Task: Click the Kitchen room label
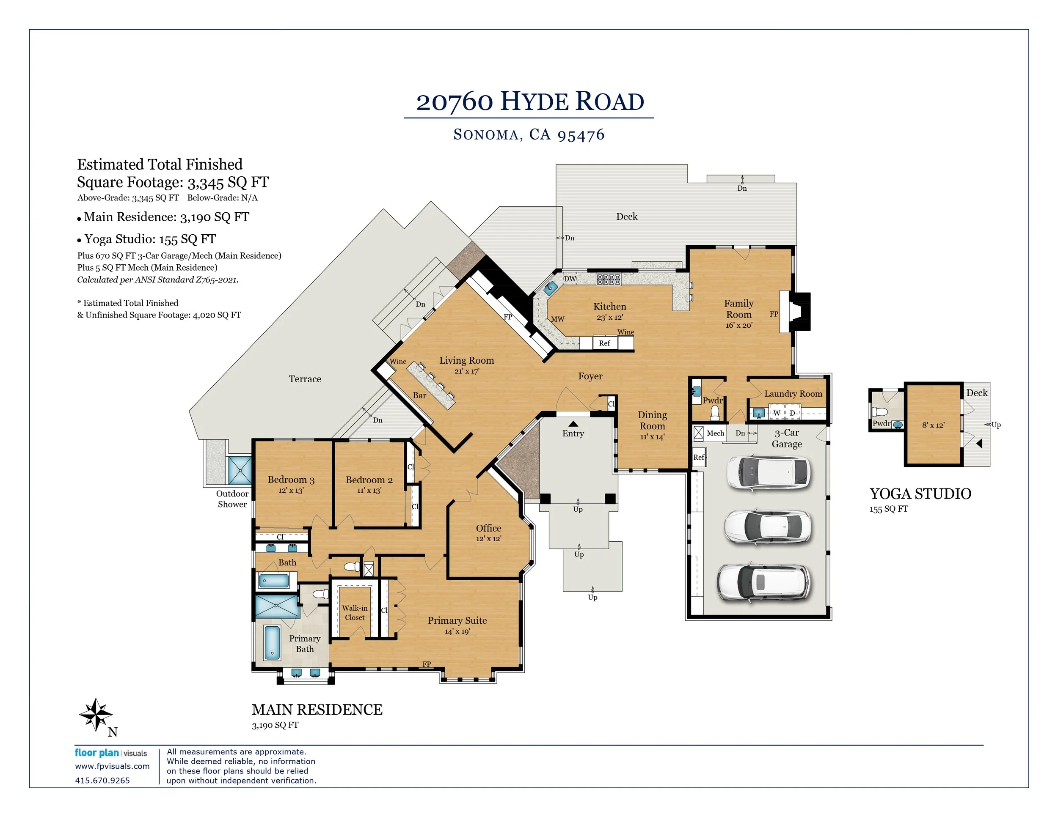click(609, 306)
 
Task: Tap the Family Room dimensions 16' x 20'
click(739, 325)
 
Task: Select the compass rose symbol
click(96, 714)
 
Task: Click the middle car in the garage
click(767, 527)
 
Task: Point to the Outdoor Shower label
click(232, 499)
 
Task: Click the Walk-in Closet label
click(355, 613)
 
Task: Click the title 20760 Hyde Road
click(530, 101)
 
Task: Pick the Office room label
click(488, 528)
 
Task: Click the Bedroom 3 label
click(291, 480)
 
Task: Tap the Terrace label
click(305, 379)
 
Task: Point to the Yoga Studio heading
click(920, 493)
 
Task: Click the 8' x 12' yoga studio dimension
click(933, 425)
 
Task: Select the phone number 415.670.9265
click(102, 780)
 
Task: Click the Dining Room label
click(652, 421)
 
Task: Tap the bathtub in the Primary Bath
click(272, 643)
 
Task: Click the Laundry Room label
click(793, 394)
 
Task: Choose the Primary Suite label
click(457, 620)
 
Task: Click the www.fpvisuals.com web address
click(113, 766)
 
